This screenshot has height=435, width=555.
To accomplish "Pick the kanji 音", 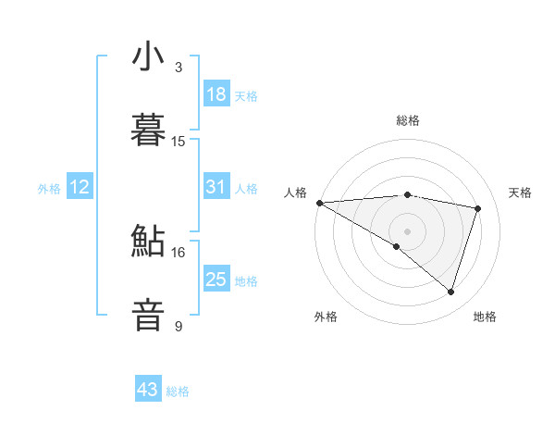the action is click(x=148, y=314).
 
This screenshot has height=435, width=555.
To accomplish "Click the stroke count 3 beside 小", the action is click(x=179, y=68).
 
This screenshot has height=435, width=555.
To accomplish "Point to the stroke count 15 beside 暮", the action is click(x=179, y=141).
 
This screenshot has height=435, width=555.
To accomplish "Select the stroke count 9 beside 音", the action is click(x=179, y=326).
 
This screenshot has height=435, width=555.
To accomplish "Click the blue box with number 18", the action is click(x=216, y=94).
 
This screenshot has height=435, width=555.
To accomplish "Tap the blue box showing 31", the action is click(x=216, y=187).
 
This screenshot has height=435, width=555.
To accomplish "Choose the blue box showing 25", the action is click(x=216, y=280).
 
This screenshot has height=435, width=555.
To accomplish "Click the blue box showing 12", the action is click(x=80, y=187).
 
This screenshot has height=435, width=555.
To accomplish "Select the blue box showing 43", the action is click(x=148, y=390).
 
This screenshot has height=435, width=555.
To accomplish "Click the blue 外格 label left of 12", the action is click(x=49, y=188).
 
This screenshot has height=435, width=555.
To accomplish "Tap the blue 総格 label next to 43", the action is click(x=178, y=391).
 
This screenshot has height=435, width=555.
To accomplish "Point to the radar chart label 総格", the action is click(x=408, y=120).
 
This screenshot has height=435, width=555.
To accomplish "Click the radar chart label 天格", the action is click(x=521, y=193).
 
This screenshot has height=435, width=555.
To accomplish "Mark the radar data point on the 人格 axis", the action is click(x=319, y=202).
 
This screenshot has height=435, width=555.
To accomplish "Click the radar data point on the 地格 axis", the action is click(x=451, y=292).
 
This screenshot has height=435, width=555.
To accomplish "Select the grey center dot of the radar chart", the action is click(x=407, y=230).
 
